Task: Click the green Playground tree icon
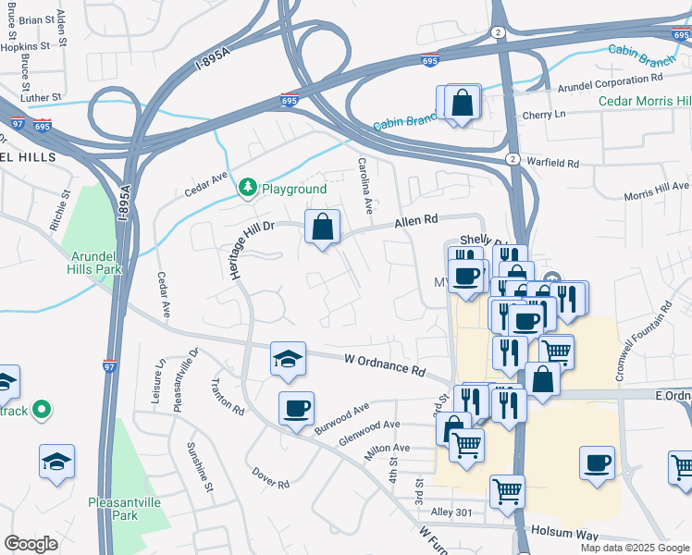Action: (247, 189)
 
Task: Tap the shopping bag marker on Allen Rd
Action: (322, 227)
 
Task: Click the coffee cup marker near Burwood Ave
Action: (296, 409)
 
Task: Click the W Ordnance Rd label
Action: (384, 364)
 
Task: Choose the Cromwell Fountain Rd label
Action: (644, 343)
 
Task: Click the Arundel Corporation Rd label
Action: (612, 85)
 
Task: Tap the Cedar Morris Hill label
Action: (645, 101)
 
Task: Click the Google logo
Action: (31, 544)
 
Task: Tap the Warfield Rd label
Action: (552, 163)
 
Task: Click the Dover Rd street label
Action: (271, 478)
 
